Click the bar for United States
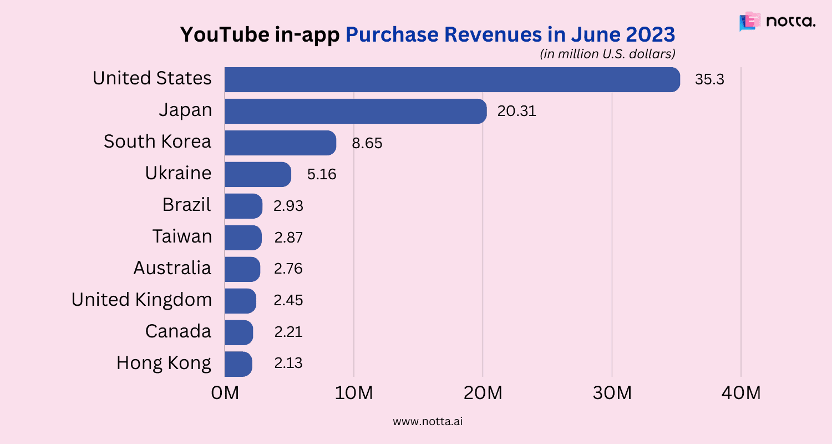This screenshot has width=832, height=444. coord(452,79)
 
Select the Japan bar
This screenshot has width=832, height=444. coord(356,111)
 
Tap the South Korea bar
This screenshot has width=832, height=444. coord(280,143)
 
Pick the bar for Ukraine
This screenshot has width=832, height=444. coord(258,174)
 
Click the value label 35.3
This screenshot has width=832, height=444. coord(709,79)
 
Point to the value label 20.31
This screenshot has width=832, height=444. coord(516,111)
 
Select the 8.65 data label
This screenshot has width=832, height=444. coord(367,143)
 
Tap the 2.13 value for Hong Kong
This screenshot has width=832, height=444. coord(288,364)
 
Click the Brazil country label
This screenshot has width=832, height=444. coord(186,205)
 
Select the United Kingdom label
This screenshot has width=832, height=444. coord(141,300)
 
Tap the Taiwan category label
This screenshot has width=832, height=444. coord(182,236)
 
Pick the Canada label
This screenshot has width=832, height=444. coord(178,331)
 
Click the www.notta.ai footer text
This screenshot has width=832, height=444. coord(428,421)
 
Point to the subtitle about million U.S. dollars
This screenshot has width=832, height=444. coord(607,54)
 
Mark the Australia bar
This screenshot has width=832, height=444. coord(242,269)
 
